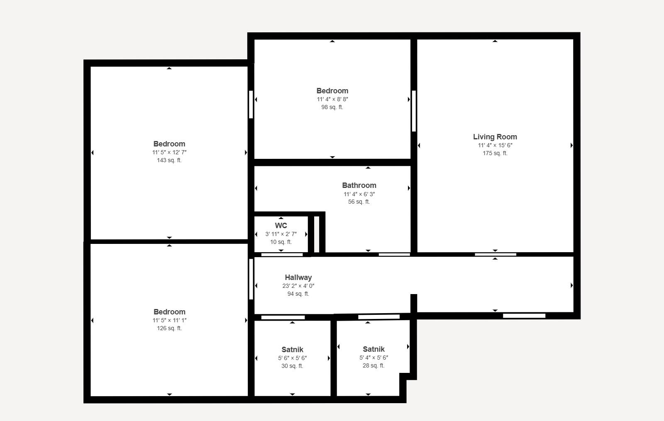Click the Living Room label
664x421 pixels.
495,137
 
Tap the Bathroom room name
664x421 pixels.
359,185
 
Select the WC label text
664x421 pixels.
281,226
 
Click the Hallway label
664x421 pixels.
298,277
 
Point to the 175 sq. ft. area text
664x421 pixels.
495,153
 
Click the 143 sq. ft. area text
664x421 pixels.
169,160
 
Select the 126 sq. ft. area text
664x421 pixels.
169,328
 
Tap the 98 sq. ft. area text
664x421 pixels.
332,107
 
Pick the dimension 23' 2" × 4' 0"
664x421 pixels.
298,286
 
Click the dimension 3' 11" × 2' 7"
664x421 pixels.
281,234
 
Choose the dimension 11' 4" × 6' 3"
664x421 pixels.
359,195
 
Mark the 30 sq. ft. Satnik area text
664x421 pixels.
292,366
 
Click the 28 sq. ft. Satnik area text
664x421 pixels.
373,365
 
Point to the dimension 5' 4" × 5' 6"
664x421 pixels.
373,358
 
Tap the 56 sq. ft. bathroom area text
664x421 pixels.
359,202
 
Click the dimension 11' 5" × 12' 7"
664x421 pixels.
169,152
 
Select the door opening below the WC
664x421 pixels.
282,255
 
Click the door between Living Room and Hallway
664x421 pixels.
496,255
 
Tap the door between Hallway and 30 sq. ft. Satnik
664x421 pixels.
283,318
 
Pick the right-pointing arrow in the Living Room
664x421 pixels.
571,145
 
